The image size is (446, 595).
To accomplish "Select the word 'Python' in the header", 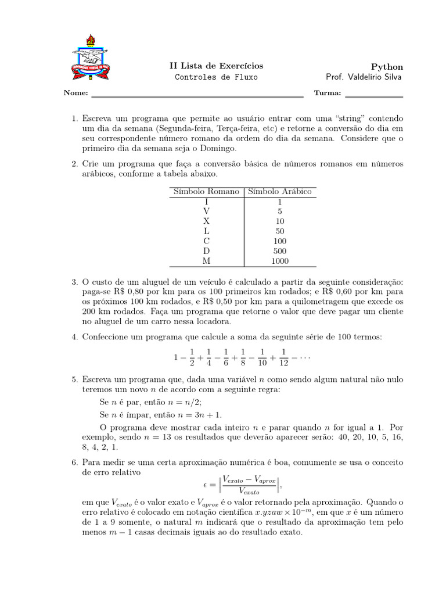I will coord(387,67).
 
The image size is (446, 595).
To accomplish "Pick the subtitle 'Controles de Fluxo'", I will coord(215,77).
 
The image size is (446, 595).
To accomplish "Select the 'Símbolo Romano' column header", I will coord(206,191).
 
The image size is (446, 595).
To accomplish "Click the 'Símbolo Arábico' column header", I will coord(280,191).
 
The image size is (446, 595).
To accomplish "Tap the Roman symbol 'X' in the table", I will coord(206,221).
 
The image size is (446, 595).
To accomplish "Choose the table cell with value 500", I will coord(280,251).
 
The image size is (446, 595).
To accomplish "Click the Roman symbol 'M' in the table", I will coord(206,261).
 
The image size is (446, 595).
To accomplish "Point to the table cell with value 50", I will coord(280,231).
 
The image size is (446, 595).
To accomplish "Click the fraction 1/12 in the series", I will coord(285,357).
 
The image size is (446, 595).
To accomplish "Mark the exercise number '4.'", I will coord(74,337).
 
